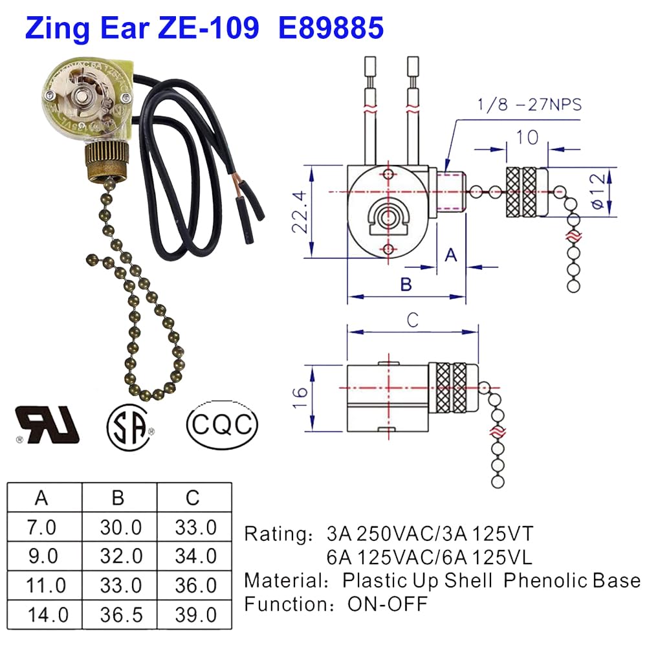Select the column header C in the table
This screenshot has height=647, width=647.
[x=192, y=498]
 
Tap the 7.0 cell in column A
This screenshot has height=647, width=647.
[x=41, y=527]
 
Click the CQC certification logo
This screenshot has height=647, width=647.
[x=222, y=425]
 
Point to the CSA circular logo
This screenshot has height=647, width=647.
[x=130, y=426]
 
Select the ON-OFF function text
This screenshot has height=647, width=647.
[x=388, y=604]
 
